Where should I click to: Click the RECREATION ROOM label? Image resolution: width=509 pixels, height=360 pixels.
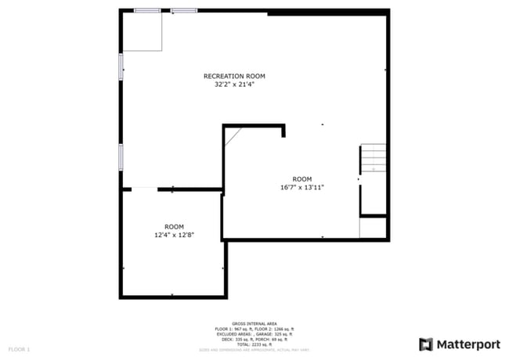(x=234, y=76)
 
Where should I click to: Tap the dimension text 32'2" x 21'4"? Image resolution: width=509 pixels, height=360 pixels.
(x=234, y=85)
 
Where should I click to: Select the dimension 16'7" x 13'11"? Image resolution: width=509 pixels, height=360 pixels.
(x=301, y=188)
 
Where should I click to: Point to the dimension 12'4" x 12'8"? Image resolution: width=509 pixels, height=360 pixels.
(x=174, y=235)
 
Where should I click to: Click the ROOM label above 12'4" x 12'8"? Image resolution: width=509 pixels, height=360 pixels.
(x=174, y=226)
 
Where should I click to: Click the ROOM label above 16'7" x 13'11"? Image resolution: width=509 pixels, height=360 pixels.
(x=301, y=179)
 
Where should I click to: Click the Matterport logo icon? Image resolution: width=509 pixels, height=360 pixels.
(x=426, y=344)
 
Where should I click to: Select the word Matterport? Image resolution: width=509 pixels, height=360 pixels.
(x=467, y=344)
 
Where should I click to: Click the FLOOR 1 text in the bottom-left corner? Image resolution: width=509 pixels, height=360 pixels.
(x=19, y=348)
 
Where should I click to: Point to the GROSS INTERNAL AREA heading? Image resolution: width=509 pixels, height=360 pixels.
(x=254, y=322)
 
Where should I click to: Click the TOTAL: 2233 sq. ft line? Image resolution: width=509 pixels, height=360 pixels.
(x=254, y=344)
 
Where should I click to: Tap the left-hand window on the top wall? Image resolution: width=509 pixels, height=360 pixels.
(x=146, y=11)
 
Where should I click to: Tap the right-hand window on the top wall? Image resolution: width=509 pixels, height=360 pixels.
(x=184, y=11)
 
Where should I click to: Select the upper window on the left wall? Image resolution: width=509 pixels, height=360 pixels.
(x=121, y=66)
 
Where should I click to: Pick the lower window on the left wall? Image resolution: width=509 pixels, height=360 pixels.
(x=121, y=156)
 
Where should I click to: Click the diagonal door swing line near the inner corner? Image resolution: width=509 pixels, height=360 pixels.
(x=233, y=137)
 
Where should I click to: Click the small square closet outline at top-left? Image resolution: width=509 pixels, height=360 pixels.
(x=142, y=32)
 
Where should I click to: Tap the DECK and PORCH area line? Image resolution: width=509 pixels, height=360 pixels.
(x=254, y=338)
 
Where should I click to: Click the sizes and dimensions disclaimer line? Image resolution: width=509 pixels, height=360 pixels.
(x=254, y=349)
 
